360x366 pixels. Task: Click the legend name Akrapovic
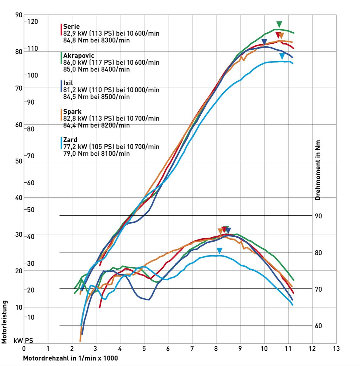coord(79,56)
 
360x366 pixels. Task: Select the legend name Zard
coord(70,140)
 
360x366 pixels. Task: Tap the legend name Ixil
coord(68,83)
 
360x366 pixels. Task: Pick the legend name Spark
coord(72,112)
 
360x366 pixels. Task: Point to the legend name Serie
coord(71,27)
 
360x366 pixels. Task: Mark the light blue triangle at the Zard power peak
coord(282,56)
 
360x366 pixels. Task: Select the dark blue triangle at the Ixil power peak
coord(265,42)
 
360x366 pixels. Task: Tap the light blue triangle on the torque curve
coord(219,251)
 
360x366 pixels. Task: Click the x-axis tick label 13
coord(336,348)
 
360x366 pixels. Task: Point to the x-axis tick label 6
coord(168,348)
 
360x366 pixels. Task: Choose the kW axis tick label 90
coord(19,15)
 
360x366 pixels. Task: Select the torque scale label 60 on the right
coord(318,326)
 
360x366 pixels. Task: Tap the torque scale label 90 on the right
coord(318,216)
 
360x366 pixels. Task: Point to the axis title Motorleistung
coord(4,322)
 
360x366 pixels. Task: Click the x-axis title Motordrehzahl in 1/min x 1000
coord(70,358)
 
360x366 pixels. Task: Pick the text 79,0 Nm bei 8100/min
coord(96,153)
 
